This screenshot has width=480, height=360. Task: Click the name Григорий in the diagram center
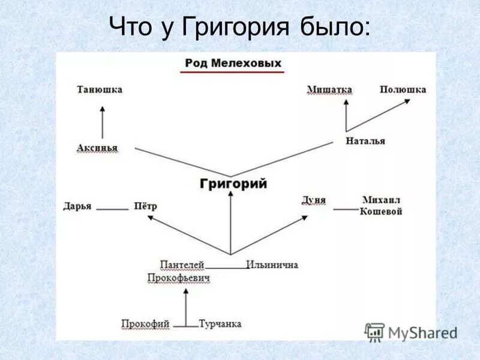(x=233, y=184)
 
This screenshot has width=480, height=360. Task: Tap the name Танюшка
(x=100, y=89)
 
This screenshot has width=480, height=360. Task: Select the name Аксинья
(x=97, y=148)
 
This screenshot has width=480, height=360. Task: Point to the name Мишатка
(x=329, y=89)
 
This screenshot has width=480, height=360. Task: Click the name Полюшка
(x=403, y=89)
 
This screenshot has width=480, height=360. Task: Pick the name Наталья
(x=365, y=141)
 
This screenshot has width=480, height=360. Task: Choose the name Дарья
(x=77, y=206)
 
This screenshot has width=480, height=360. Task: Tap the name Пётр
(x=146, y=206)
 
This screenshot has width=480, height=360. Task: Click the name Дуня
(x=314, y=200)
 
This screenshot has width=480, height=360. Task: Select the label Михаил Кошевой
(x=381, y=206)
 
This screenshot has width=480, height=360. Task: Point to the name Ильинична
(x=272, y=265)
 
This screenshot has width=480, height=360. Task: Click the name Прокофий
(x=145, y=324)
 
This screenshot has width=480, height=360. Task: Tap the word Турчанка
(x=220, y=324)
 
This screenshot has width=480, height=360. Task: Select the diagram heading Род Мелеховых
(x=233, y=63)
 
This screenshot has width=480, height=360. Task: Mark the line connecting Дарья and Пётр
(x=113, y=209)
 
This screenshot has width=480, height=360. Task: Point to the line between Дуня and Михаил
(x=346, y=209)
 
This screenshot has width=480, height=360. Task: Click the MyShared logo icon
(x=375, y=332)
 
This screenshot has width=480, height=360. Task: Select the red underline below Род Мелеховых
(x=232, y=73)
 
